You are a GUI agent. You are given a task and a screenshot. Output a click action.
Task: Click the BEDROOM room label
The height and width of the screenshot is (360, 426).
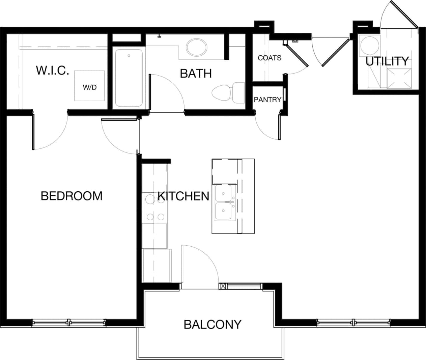coord(71,196)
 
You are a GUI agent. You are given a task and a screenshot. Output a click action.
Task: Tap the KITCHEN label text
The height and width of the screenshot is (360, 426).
coord(183,196)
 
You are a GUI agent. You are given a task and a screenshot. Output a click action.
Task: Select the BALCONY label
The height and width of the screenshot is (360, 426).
coord(212,324)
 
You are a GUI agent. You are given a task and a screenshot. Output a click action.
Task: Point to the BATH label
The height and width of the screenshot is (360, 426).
coord(196,73)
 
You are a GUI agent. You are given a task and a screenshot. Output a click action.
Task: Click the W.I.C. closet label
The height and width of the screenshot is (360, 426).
coord(52,71)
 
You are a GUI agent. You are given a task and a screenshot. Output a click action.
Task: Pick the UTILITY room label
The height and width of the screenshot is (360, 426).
coord(387,61)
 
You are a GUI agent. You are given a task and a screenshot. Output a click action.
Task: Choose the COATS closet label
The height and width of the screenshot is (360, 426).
coord(269,58)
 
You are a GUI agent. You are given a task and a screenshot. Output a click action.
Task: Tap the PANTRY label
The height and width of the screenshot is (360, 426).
coord(267,100)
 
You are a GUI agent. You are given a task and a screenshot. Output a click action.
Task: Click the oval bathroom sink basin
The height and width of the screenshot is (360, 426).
coord(197,48)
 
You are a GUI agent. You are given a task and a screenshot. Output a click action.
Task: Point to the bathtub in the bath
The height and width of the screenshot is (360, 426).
coord(129,78)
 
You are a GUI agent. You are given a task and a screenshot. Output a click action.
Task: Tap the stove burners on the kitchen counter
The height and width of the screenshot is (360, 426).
coord(155,208)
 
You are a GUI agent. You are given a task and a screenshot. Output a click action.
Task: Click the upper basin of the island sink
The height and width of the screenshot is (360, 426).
coord(223,193)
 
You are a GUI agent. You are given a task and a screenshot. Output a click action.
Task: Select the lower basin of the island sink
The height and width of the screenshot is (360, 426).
coord(223,211)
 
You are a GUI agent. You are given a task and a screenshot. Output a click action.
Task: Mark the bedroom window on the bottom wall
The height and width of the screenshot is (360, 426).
coord(69,323)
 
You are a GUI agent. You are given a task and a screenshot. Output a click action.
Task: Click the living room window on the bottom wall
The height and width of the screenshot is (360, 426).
coord(353,323)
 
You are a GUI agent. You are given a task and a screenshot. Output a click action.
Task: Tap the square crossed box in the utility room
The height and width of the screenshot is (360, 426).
coord(399,78)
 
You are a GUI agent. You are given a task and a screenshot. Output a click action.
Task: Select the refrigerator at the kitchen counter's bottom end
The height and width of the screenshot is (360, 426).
coord(157,266)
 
